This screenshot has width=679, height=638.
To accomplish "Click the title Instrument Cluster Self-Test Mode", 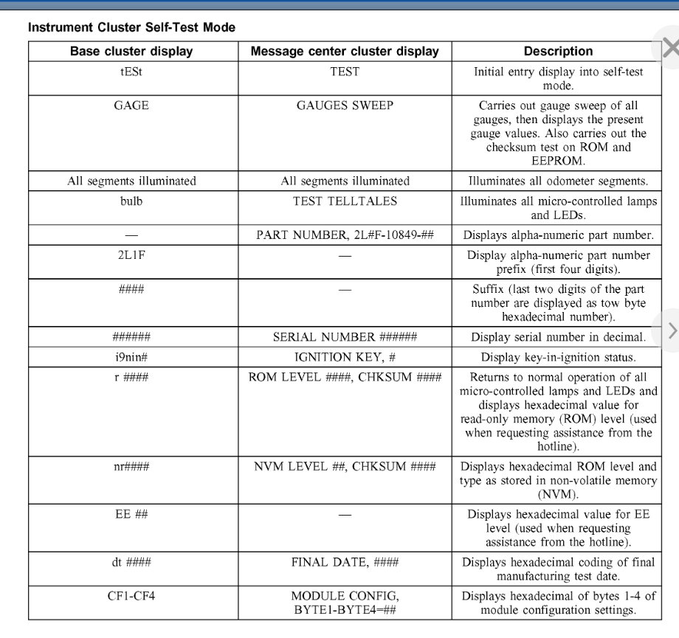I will pyautogui.click(x=131, y=27).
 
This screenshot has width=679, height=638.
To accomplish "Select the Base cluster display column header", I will pyautogui.click(x=131, y=52).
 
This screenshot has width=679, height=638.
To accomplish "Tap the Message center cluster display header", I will pyautogui.click(x=345, y=52).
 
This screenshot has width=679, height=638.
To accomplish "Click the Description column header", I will pyautogui.click(x=558, y=52).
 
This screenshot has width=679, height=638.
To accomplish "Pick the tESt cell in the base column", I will pyautogui.click(x=131, y=72).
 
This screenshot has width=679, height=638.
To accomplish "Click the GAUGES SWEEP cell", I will pyautogui.click(x=345, y=105).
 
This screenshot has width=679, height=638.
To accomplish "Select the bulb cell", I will pyautogui.click(x=131, y=201).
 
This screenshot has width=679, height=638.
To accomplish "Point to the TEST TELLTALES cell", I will pyautogui.click(x=345, y=201).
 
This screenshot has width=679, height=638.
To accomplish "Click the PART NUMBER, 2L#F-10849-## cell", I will pyautogui.click(x=345, y=235).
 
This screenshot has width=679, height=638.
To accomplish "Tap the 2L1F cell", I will pyautogui.click(x=131, y=255).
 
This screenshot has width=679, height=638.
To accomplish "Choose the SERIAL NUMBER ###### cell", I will pyautogui.click(x=345, y=337).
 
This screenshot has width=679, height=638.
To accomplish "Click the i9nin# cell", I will pyautogui.click(x=131, y=357).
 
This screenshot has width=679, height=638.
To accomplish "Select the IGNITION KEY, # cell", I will pyautogui.click(x=345, y=357).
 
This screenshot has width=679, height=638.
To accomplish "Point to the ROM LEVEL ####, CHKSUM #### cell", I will pyautogui.click(x=345, y=378).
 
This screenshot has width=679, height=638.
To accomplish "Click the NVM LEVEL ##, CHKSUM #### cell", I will pyautogui.click(x=345, y=467).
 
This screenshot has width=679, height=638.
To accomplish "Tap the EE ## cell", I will pyautogui.click(x=131, y=514).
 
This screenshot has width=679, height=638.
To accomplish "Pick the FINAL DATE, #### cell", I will pyautogui.click(x=345, y=562).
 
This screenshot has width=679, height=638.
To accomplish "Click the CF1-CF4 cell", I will pyautogui.click(x=131, y=596).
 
